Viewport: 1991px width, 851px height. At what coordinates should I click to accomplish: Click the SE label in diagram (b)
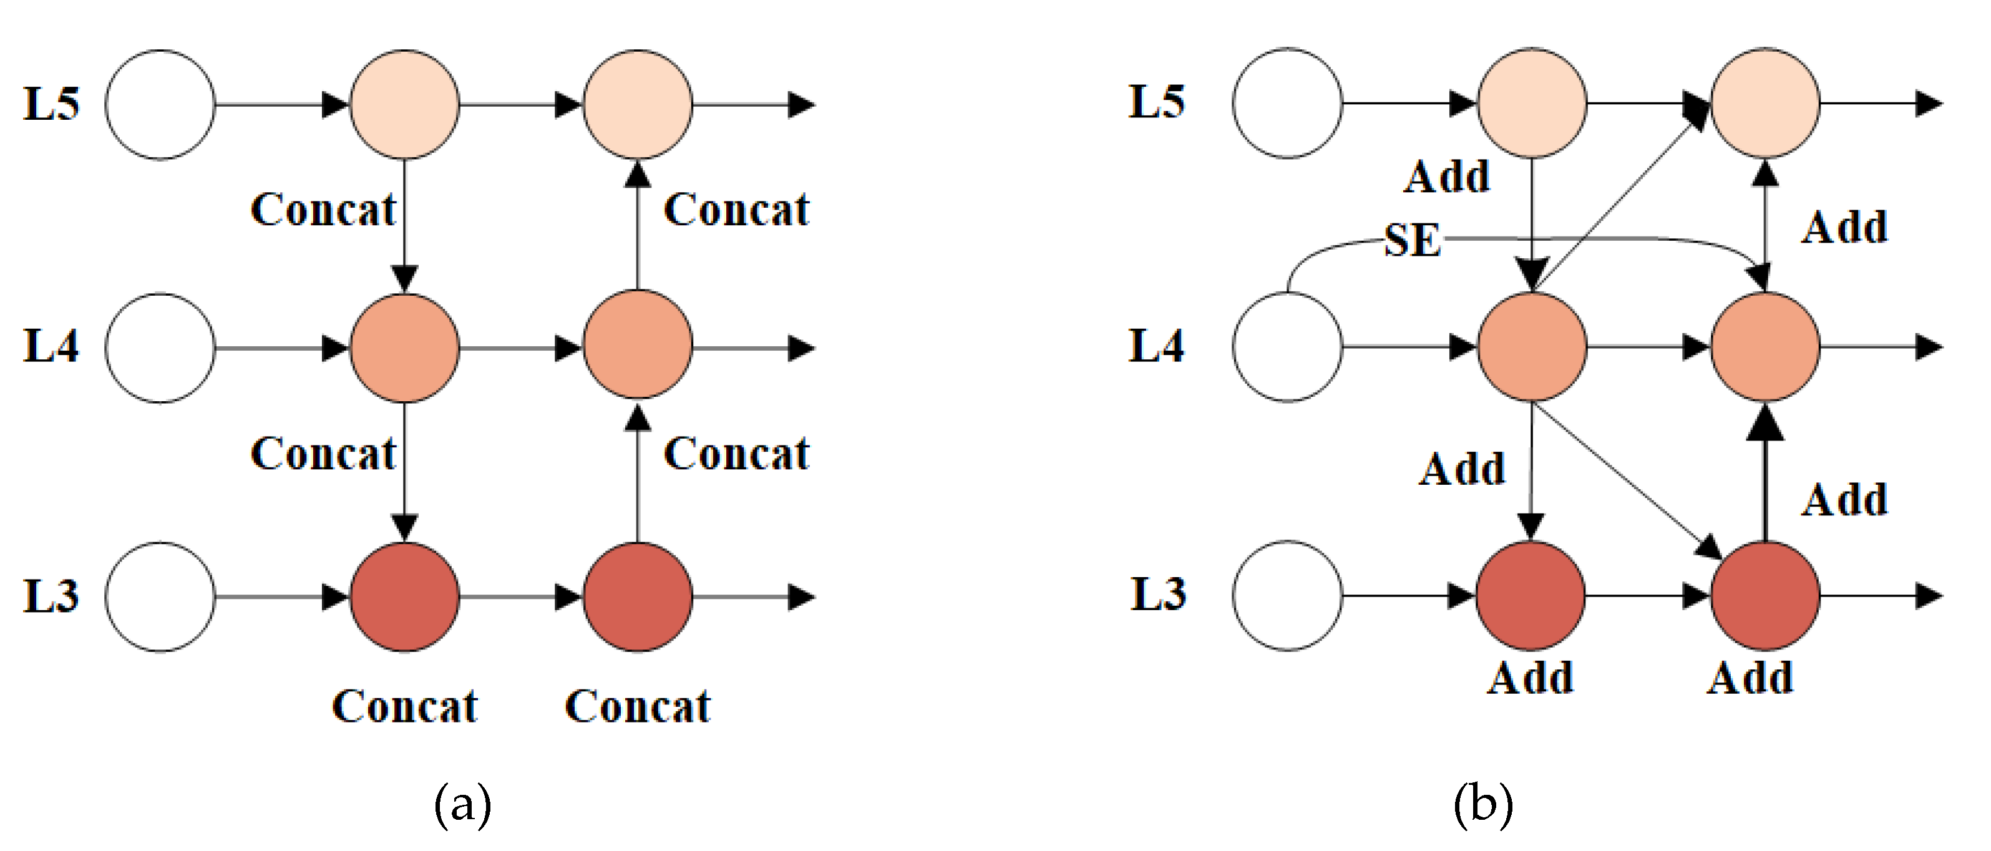pos(1412,240)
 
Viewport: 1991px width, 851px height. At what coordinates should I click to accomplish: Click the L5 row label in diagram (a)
pos(51,104)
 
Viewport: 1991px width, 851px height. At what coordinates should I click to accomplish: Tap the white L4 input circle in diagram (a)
pos(160,348)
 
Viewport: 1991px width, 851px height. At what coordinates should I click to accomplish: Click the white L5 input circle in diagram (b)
pos(1287,103)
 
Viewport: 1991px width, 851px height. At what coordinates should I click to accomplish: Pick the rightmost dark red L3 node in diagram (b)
pos(1765,595)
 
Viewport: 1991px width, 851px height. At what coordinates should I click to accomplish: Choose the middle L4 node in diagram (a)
pos(405,348)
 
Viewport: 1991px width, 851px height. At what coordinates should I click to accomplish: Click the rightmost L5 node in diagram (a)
pos(638,104)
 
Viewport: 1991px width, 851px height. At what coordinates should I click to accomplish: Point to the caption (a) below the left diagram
pos(462,805)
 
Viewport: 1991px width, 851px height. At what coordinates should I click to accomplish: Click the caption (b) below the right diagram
pos(1483,805)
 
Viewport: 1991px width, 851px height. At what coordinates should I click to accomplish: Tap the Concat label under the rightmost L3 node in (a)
pos(638,706)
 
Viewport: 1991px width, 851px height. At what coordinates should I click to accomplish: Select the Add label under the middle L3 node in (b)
pos(1531,678)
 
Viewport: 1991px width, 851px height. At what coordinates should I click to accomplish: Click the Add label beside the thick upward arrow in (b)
pos(1845,499)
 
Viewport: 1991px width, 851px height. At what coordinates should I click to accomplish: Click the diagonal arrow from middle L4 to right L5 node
pos(1615,201)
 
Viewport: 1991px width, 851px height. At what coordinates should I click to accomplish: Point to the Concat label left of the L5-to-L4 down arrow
pos(323,210)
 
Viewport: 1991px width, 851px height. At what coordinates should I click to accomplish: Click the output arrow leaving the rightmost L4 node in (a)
pos(754,348)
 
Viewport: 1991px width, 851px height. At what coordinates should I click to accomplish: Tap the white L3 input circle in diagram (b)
pos(1287,595)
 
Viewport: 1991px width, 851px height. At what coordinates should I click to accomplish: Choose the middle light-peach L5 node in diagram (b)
pos(1532,103)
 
